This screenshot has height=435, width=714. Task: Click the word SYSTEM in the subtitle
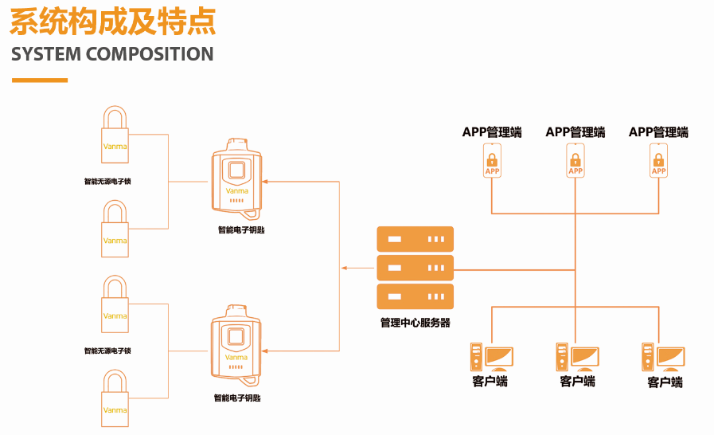(45, 54)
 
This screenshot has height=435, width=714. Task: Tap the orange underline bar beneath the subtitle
(40, 80)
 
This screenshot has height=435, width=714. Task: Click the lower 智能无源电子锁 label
(107, 351)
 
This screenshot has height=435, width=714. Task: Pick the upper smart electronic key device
(236, 181)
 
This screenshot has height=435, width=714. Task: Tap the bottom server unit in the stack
(415, 296)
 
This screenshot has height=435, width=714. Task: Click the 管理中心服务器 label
(415, 323)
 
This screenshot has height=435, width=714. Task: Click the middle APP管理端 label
(575, 132)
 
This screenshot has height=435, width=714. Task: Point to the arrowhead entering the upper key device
(265, 182)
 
